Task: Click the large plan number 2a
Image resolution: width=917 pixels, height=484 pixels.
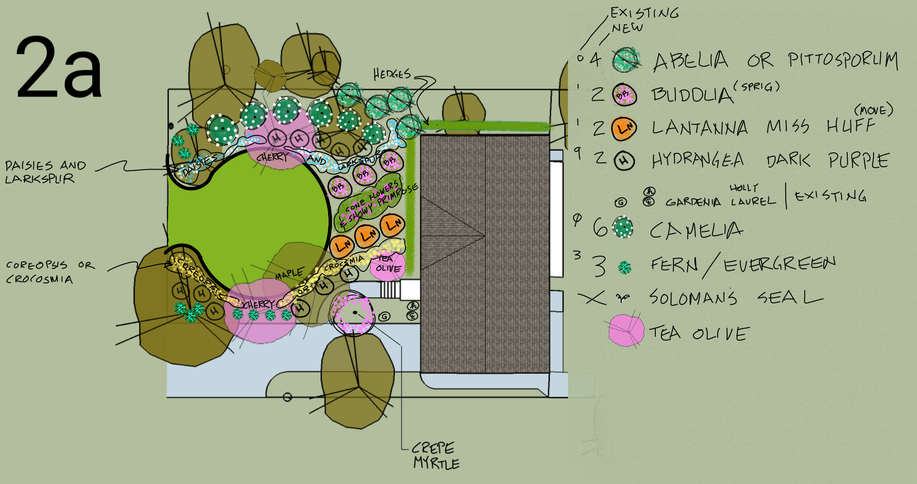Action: pos(59,68)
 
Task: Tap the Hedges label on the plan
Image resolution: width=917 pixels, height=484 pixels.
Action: pos(392,74)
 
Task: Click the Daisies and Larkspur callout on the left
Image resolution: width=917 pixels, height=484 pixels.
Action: pos(45,172)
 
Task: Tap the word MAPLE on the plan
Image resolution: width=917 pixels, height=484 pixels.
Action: pos(289,274)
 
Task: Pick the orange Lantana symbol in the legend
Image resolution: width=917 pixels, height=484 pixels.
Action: pos(624,128)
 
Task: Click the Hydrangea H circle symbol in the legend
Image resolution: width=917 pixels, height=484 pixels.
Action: pos(624,161)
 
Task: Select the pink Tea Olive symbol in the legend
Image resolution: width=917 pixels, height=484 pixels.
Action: pos(626,330)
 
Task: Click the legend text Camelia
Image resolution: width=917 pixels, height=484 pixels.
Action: pos(696,231)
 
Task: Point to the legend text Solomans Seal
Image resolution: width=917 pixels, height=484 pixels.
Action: pos(736,298)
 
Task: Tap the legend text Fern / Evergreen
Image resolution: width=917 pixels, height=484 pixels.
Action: pos(743,265)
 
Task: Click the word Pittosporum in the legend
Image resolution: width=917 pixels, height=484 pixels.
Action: pos(842,61)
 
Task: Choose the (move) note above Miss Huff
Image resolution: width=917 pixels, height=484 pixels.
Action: pos(873,110)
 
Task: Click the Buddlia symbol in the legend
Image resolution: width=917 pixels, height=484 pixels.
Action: pos(624,95)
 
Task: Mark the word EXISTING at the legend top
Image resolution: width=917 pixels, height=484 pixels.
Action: pos(645,12)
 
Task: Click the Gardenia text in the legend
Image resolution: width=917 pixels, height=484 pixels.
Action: pos(693,202)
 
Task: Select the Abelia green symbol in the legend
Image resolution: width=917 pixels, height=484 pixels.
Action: pos(626,60)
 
